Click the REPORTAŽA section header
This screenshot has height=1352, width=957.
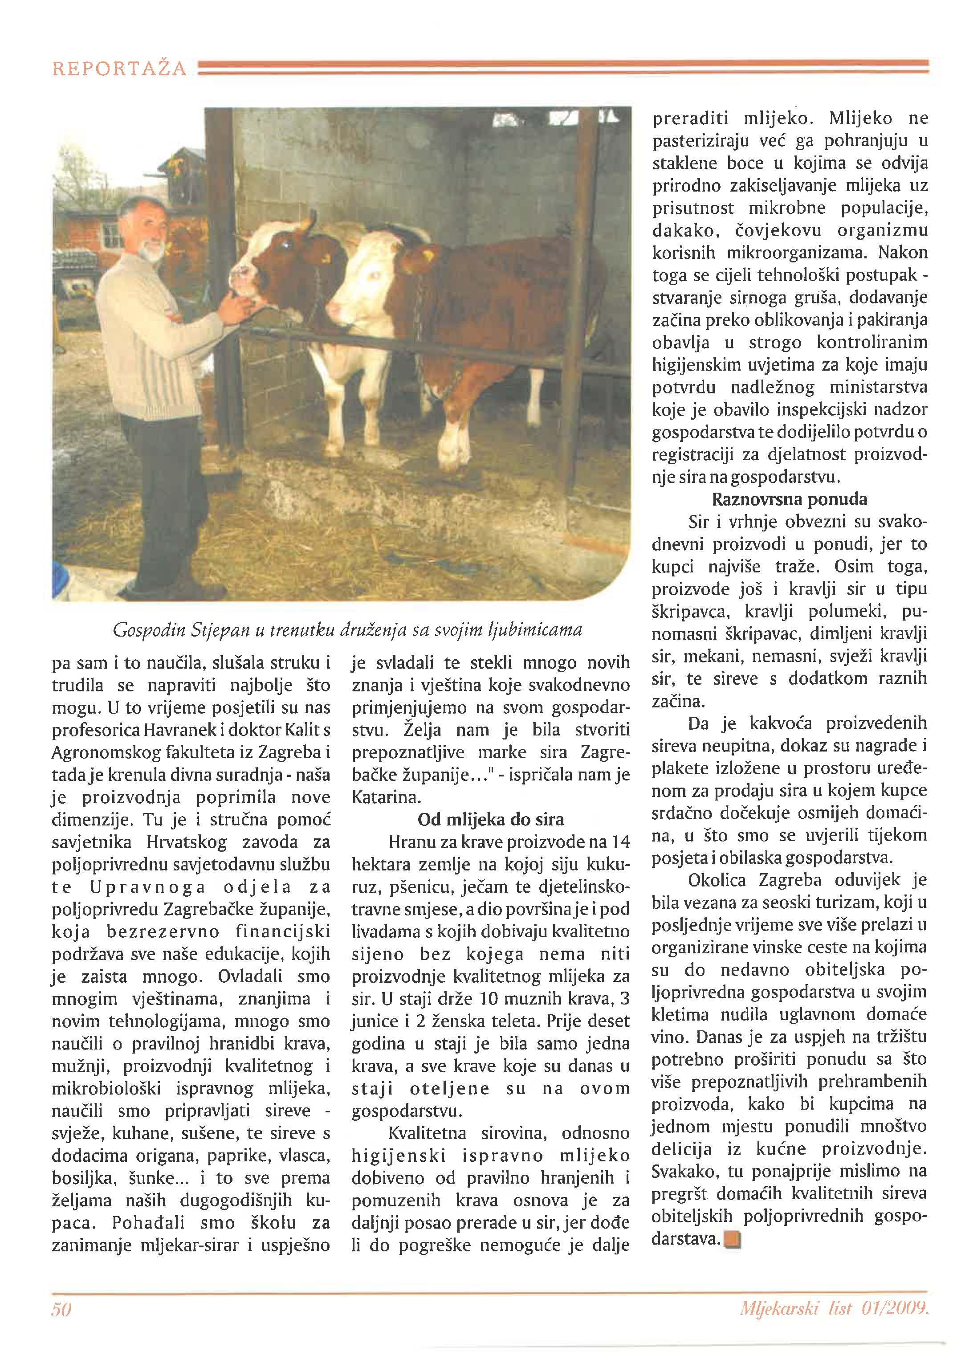click(120, 69)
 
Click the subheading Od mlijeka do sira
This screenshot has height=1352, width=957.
click(490, 819)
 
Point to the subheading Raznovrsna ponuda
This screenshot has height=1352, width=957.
click(790, 499)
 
